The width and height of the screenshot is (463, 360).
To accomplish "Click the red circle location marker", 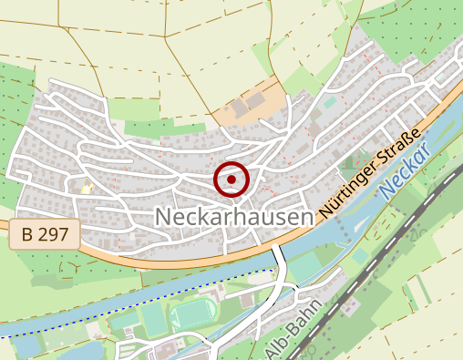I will pyautogui.click(x=231, y=180).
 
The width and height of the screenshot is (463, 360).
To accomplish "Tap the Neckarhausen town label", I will pyautogui.click(x=234, y=217).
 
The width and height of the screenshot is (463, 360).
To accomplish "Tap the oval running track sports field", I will pyautogui.click(x=192, y=316).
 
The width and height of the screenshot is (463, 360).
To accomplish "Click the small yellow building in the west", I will pyautogui.click(x=87, y=189).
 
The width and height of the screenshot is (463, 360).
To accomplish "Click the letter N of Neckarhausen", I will pyautogui.click(x=165, y=217).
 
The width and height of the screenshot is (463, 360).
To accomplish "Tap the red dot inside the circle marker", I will pyautogui.click(x=231, y=180).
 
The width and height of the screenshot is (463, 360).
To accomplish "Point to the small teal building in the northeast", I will pyautogui.click(x=330, y=102).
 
